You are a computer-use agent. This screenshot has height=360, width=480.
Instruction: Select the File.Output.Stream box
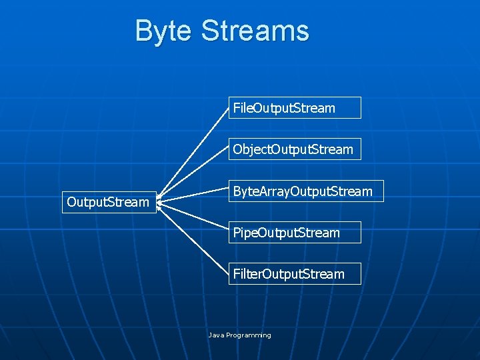295,108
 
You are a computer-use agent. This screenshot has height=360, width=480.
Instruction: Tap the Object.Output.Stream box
295,149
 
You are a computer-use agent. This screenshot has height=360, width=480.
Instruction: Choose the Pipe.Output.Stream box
295,233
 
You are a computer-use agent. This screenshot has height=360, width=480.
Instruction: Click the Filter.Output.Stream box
295,274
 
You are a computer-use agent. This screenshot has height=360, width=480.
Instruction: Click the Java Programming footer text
240,335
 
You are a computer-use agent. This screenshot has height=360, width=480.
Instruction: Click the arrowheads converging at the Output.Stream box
160,201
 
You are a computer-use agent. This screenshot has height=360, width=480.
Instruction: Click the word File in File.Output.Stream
241,108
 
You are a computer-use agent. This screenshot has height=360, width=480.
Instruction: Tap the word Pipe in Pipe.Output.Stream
244,233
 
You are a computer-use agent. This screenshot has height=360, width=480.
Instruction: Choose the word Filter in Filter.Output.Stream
247,274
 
